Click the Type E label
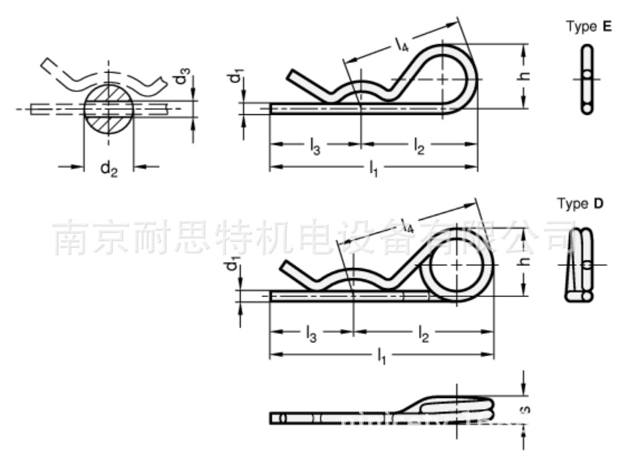[589, 27]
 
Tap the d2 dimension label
[109, 169]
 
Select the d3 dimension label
[183, 76]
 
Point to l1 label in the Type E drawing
[373, 170]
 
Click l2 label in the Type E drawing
[419, 147]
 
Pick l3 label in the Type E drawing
[314, 147]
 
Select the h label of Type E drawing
[524, 76]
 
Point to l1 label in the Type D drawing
[381, 356]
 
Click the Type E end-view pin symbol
[587, 78]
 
